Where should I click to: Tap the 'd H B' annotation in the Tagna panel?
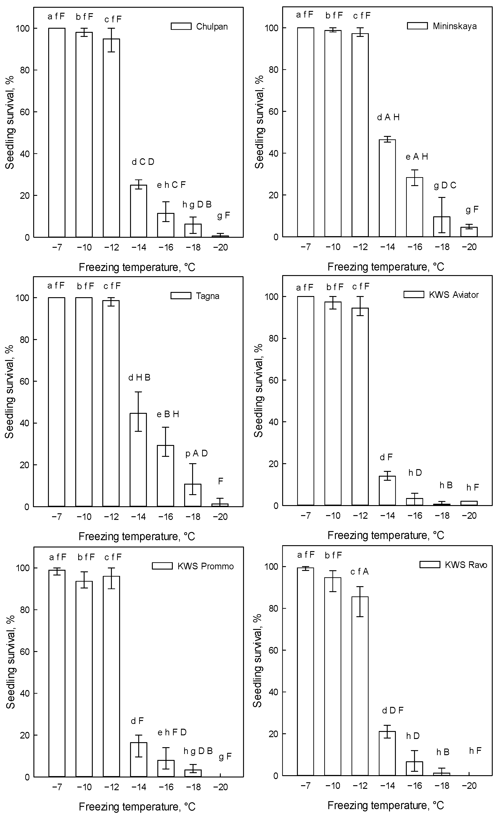tap(139, 378)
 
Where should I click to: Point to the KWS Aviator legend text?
tap(454, 295)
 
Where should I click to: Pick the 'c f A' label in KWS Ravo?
tap(359, 572)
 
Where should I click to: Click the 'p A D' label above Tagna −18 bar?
tap(196, 453)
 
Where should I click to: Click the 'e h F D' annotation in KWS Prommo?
tap(172, 732)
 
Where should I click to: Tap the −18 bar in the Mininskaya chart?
tap(442, 227)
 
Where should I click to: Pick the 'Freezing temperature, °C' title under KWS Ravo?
tap(386, 805)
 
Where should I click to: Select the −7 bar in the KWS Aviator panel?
tap(305, 401)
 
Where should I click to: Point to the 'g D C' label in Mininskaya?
tap(445, 186)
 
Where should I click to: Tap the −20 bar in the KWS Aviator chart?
tap(469, 503)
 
